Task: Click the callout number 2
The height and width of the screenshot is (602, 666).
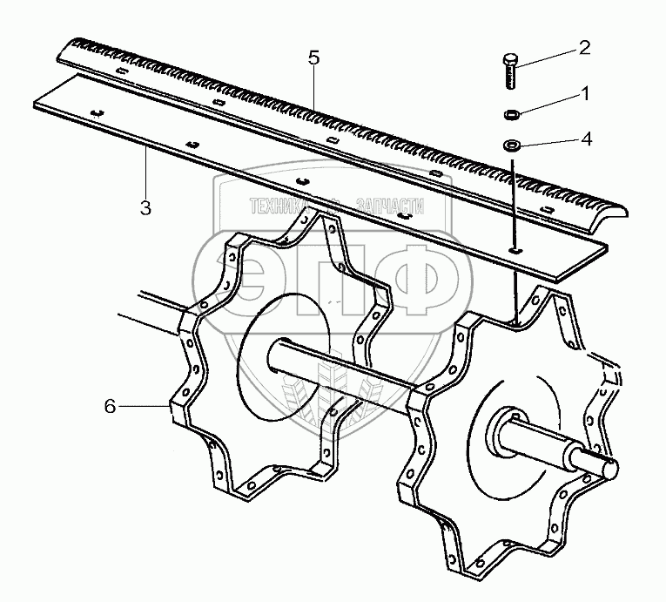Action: [584, 48]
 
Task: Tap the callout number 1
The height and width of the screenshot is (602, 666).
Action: [586, 93]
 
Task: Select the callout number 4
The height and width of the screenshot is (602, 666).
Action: [586, 139]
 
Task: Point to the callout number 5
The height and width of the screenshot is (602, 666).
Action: [313, 57]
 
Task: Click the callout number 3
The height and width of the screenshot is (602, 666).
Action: [145, 208]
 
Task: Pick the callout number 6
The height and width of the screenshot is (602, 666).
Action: [110, 407]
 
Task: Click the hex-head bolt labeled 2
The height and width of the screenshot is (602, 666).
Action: [510, 71]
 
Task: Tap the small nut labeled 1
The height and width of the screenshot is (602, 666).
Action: [510, 114]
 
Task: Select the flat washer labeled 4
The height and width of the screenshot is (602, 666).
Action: [510, 145]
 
